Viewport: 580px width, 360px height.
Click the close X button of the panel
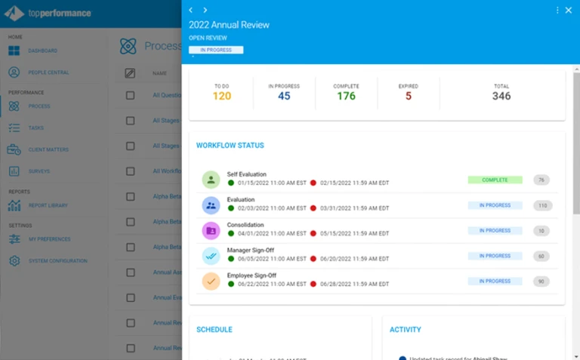569,11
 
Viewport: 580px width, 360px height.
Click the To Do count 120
222,96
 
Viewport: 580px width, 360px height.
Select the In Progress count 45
284,96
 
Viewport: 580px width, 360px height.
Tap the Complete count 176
346,96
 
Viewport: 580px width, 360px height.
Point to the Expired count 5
409,96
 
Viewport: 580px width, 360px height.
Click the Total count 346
501,96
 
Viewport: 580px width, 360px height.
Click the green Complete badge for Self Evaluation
495,180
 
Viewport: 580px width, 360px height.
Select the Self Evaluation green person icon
211,180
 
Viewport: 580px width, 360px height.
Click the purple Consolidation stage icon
211,230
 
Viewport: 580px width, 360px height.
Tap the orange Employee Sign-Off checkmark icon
211,281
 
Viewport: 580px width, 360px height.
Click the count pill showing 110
541,205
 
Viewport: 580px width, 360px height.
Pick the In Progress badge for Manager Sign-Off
495,256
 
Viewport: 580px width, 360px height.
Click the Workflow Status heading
230,145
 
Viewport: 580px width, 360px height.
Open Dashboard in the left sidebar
42,51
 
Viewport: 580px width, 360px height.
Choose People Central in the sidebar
48,72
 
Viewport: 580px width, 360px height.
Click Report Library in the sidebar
48,205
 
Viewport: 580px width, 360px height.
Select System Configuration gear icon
14,261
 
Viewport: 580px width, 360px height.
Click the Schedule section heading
214,330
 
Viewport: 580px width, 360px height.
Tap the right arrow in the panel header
205,11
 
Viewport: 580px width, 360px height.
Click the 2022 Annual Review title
229,25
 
